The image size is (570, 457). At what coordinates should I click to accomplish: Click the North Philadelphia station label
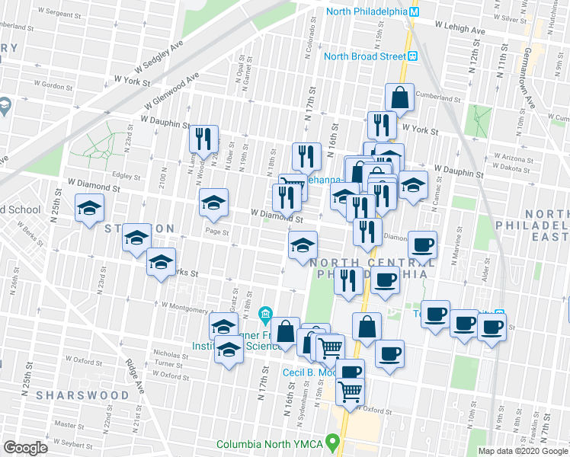367,11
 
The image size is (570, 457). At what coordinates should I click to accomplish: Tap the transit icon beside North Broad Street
412,56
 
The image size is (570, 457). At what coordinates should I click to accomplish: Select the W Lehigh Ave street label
460,28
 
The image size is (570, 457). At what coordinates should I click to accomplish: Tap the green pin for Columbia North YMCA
331,441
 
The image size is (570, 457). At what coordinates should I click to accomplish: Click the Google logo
25,448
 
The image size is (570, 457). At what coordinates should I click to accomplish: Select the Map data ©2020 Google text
522,451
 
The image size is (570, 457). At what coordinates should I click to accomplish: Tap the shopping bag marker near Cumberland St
399,97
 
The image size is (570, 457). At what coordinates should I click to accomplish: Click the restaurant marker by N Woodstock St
203,139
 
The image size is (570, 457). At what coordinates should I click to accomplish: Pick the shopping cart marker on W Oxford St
350,391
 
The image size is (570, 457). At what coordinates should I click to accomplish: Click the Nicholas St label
169,353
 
